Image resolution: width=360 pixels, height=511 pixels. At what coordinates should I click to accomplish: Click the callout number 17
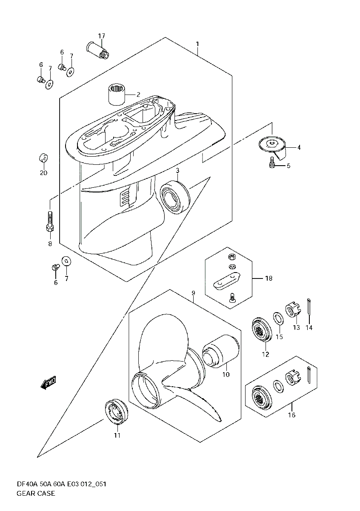pos(101,36)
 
